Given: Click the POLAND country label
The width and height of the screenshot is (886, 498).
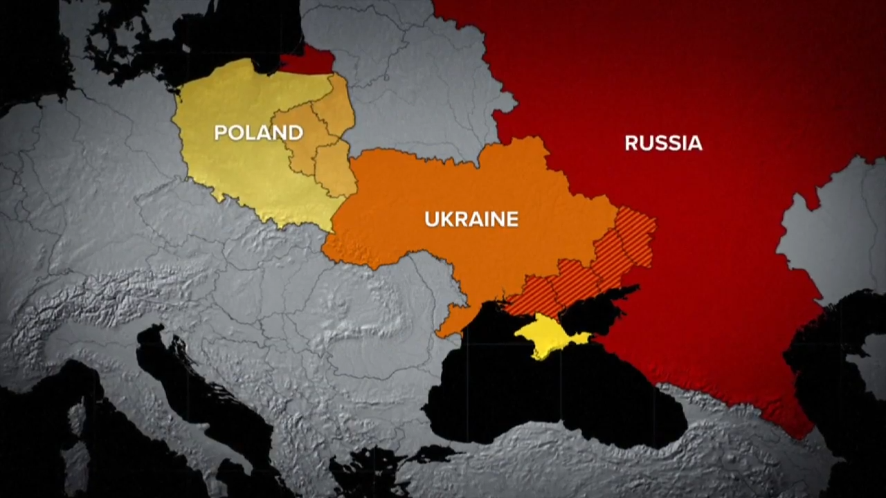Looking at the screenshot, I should click(x=258, y=132).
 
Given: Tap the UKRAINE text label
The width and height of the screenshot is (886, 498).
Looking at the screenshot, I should click(x=471, y=219).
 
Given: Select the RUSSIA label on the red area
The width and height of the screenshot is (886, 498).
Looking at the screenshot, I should click(x=663, y=143).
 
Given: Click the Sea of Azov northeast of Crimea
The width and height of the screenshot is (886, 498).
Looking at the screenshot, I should click(x=609, y=304).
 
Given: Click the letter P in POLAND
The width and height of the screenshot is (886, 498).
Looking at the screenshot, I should click(x=220, y=132).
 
